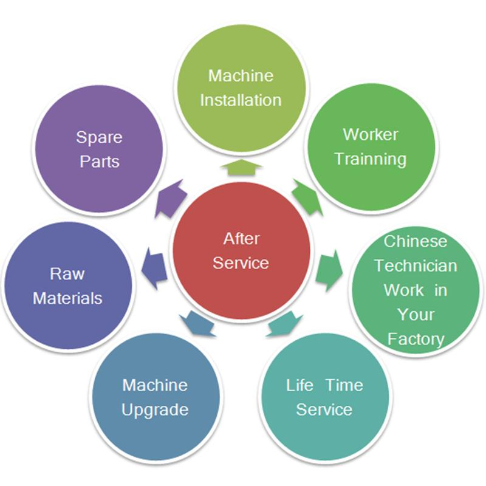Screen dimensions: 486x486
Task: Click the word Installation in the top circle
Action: click(241, 100)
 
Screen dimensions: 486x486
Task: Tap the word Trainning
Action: click(371, 159)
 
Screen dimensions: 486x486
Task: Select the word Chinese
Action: click(416, 241)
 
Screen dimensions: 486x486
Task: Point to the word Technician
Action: click(416, 265)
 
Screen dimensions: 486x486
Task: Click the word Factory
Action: click(416, 338)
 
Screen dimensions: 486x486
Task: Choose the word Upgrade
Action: click(154, 409)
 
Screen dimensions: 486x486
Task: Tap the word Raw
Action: click(67, 273)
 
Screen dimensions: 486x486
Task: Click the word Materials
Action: click(67, 298)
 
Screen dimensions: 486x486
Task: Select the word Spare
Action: click(99, 137)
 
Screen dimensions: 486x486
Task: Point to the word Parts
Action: click(99, 162)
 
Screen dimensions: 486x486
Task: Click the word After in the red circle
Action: click(241, 238)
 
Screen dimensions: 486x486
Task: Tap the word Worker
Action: click(371, 134)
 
